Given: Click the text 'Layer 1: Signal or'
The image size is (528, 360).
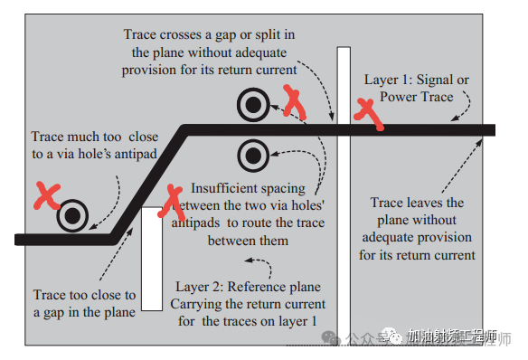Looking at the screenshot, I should point(417,81).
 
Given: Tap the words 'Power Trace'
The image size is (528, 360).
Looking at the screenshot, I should point(417,97).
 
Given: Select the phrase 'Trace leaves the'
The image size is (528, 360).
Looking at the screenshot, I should point(417,204).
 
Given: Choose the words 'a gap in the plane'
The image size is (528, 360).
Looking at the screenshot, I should point(85,311).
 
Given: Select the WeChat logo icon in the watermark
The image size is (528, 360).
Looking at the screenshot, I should point(334,337).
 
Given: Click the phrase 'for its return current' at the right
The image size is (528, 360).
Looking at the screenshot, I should point(417,254).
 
